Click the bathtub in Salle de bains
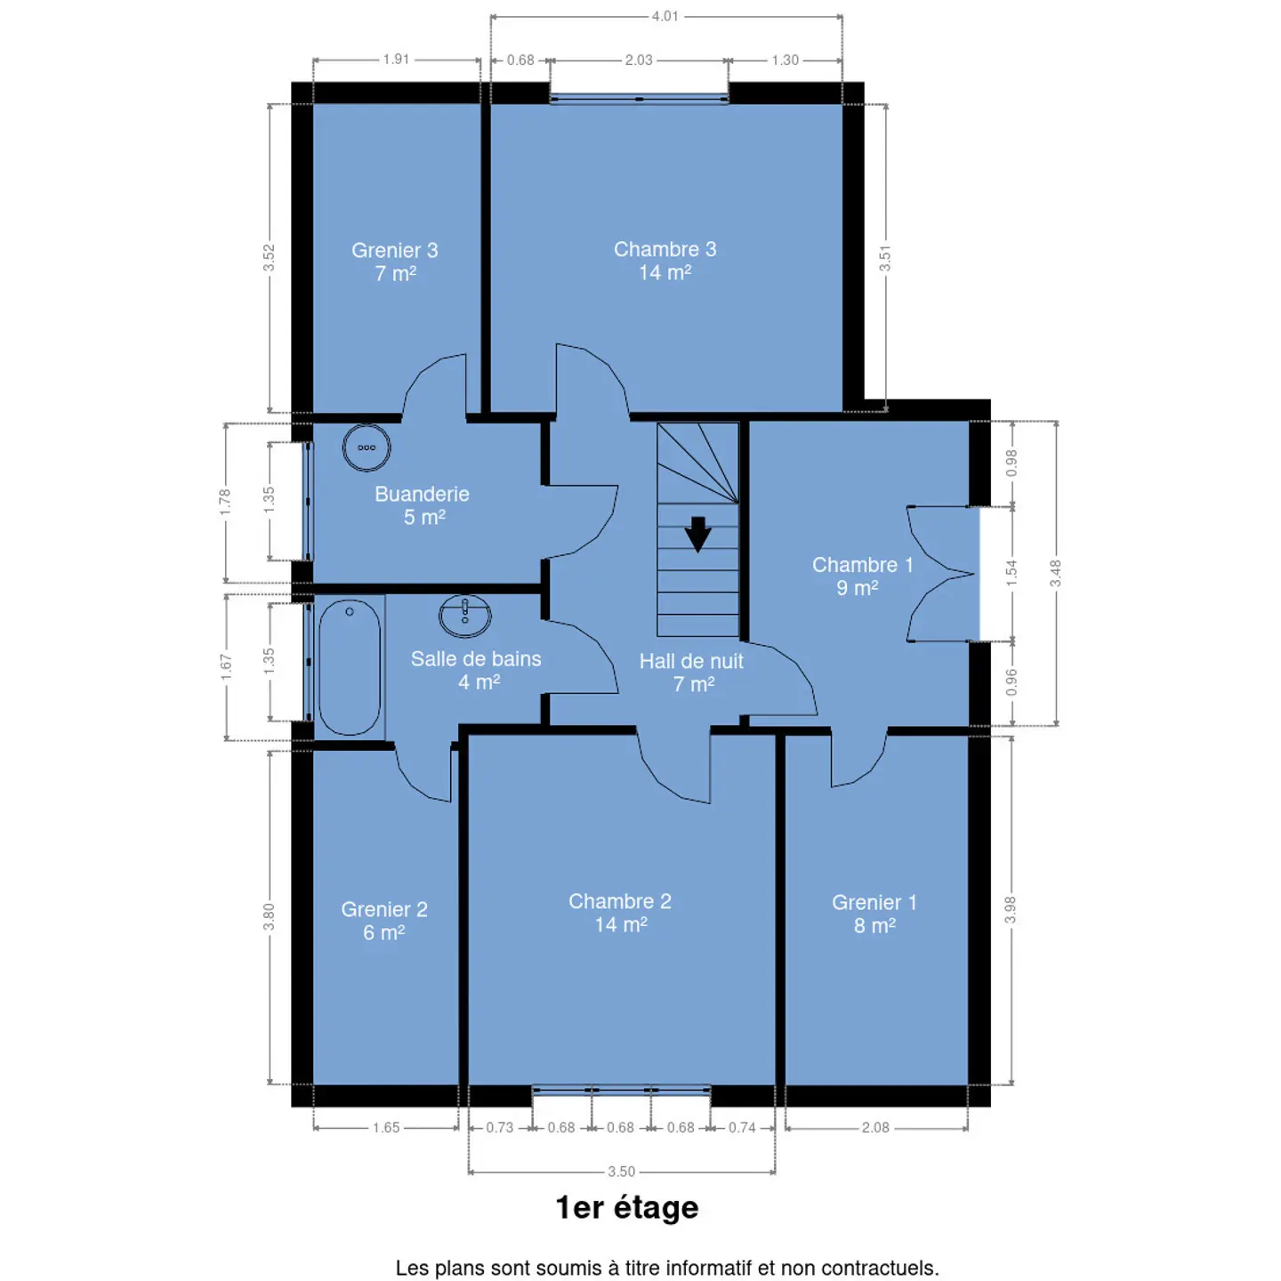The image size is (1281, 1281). pyautogui.click(x=349, y=667)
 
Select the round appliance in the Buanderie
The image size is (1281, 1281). pyautogui.click(x=367, y=447)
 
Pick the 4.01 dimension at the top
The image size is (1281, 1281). pyautogui.click(x=665, y=16)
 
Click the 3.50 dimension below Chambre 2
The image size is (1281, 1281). pyautogui.click(x=622, y=1172)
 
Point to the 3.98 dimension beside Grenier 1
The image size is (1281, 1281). pyautogui.click(x=1010, y=910)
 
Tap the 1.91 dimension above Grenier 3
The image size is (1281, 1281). pyautogui.click(x=396, y=60)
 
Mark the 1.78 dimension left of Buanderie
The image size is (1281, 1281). pyautogui.click(x=225, y=502)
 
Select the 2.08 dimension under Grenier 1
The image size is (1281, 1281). pyautogui.click(x=875, y=1127)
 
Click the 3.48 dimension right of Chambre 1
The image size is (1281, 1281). pyautogui.click(x=1056, y=573)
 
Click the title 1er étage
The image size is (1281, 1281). pyautogui.click(x=627, y=1208)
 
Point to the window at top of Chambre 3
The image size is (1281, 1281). pyautogui.click(x=639, y=99)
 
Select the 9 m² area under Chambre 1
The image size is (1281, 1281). pyautogui.click(x=857, y=588)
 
